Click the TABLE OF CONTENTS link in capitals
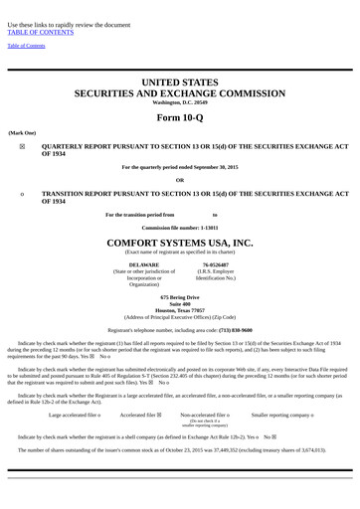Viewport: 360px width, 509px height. click(40, 32)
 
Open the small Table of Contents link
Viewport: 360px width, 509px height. click(26, 46)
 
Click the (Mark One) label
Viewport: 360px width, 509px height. click(22, 131)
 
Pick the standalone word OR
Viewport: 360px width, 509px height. click(180, 180)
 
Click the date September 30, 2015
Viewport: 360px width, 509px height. click(214, 167)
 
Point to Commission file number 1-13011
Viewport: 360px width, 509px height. click(180, 228)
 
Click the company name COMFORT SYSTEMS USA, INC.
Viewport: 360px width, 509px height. click(180, 243)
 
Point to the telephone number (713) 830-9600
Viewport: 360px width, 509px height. click(233, 329)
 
